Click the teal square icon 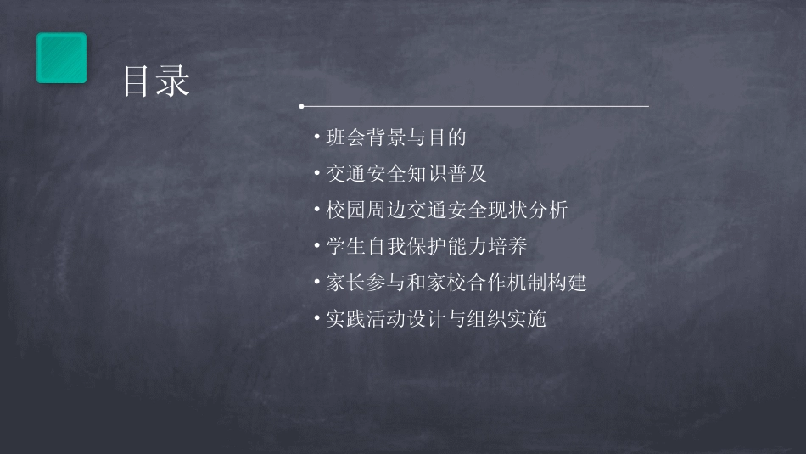[61, 58]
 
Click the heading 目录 [156, 82]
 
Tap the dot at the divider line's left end [301, 107]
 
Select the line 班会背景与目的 [396, 137]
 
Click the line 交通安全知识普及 [406, 174]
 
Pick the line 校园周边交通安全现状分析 [446, 210]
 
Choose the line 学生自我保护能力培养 [427, 247]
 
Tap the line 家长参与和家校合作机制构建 [456, 283]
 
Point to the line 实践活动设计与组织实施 [436, 319]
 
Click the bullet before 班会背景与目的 [316, 137]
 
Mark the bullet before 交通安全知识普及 [316, 174]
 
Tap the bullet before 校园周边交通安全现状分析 [316, 210]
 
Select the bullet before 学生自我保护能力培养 [316, 247]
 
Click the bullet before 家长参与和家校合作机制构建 [316, 283]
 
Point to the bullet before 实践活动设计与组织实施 [316, 319]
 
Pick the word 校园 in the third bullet [346, 210]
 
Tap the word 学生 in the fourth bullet [346, 247]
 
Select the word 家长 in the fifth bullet [346, 283]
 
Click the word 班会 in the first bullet [346, 137]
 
